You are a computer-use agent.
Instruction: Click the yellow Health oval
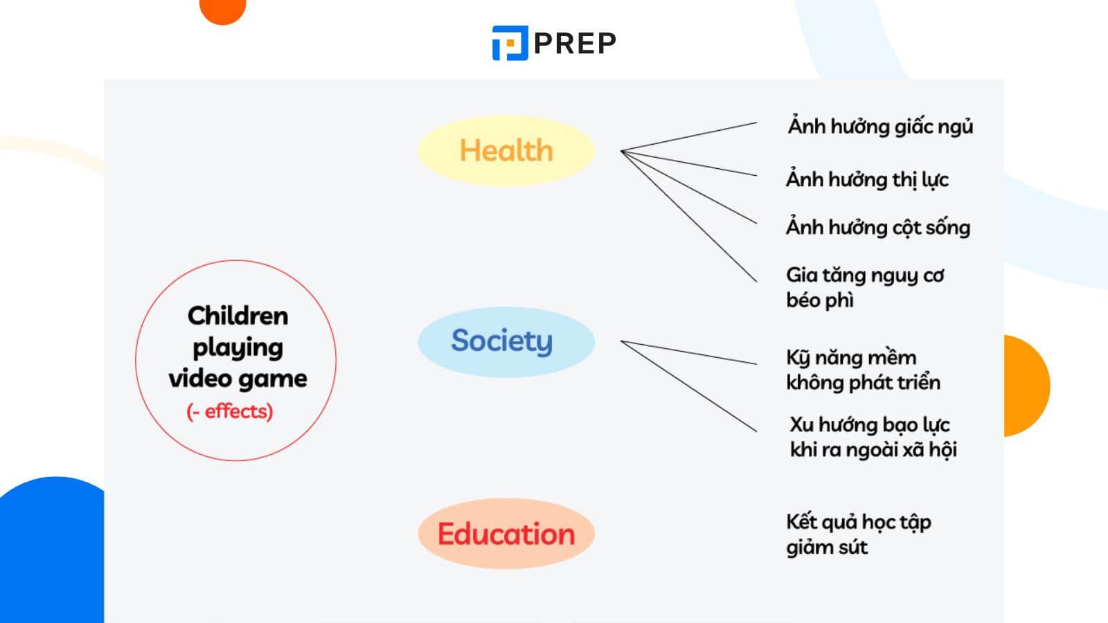click(506, 150)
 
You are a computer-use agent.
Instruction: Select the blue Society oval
click(506, 341)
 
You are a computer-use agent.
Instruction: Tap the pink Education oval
click(506, 534)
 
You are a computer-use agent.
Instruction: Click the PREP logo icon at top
click(510, 43)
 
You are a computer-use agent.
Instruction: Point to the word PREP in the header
click(575, 44)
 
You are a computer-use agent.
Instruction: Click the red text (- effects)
click(230, 411)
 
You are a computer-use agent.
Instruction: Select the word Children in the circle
click(238, 316)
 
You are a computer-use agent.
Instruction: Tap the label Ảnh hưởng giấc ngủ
click(880, 127)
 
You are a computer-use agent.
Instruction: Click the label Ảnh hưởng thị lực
click(867, 179)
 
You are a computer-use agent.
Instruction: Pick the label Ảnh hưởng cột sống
click(878, 227)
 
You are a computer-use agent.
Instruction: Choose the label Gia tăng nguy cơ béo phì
click(864, 287)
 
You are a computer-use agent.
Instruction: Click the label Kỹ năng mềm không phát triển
click(863, 370)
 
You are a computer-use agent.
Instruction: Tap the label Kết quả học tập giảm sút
click(858, 534)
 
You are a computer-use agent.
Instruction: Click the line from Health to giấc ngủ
click(689, 137)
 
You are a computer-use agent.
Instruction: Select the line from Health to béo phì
click(689, 217)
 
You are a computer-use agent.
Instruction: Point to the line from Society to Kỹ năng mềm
click(689, 352)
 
